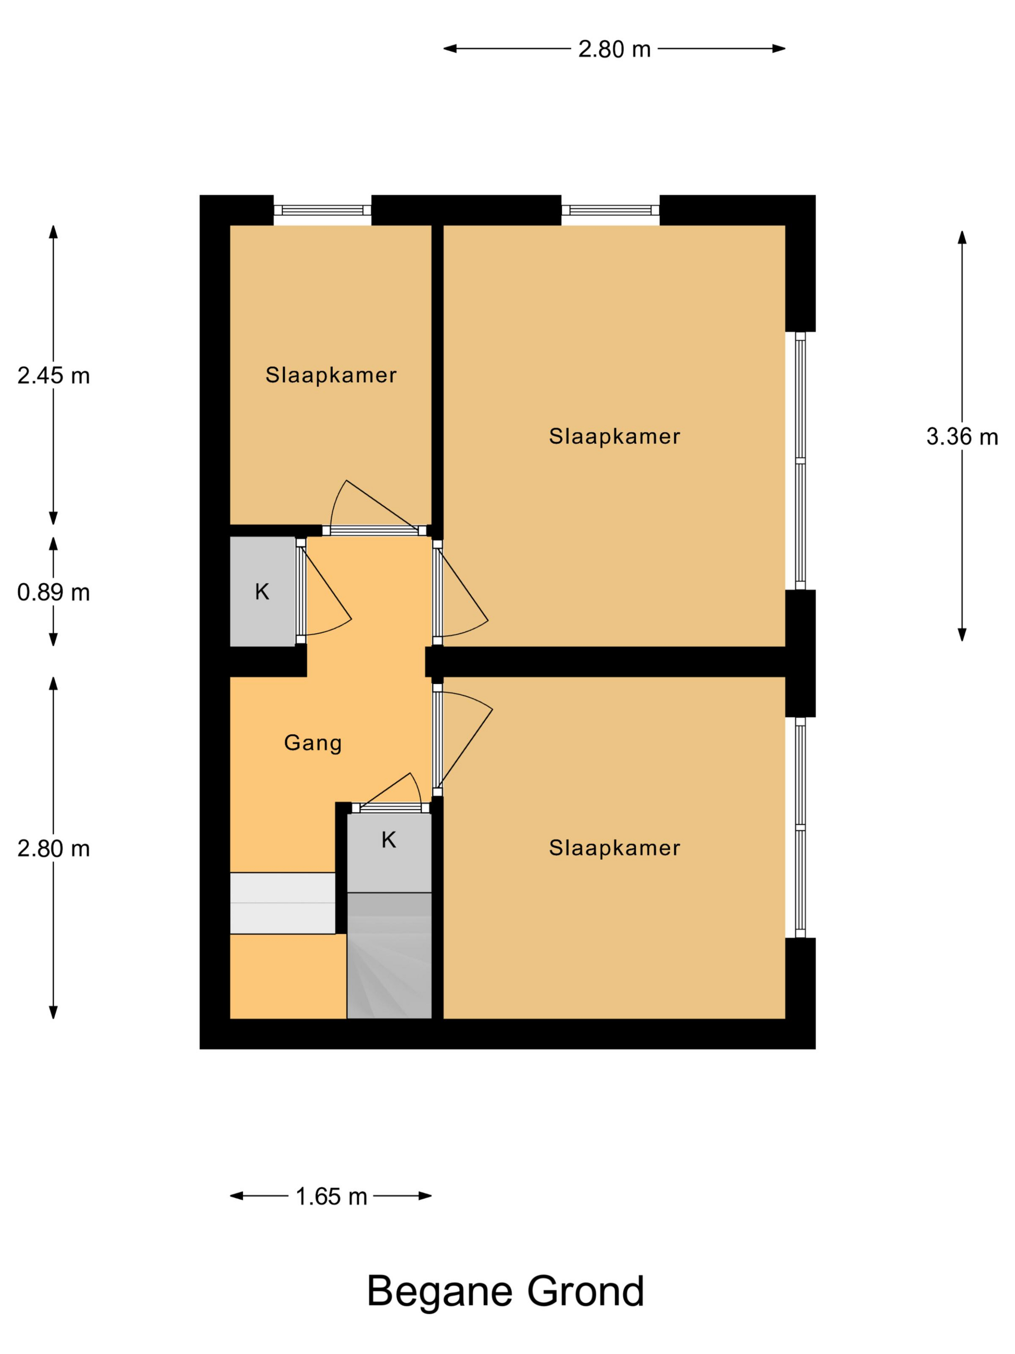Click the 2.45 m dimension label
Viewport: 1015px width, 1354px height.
pyautogui.click(x=53, y=375)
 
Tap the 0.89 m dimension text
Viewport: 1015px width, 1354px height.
pyautogui.click(x=53, y=592)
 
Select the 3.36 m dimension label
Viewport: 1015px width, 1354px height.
pyautogui.click(x=961, y=437)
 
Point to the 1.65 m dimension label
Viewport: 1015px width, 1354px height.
pyautogui.click(x=331, y=1196)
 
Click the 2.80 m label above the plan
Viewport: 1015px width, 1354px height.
pyautogui.click(x=614, y=49)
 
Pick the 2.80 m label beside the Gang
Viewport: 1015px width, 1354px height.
pyautogui.click(x=53, y=848)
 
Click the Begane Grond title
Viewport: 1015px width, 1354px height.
pyautogui.click(x=506, y=1292)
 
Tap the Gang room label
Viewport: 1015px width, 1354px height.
pyautogui.click(x=313, y=742)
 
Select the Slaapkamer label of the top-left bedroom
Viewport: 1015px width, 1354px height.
pyautogui.click(x=331, y=375)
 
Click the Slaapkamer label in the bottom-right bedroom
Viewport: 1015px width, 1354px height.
pyautogui.click(x=614, y=848)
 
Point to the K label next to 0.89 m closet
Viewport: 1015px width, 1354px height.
pyautogui.click(x=262, y=591)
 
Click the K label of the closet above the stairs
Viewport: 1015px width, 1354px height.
pyautogui.click(x=389, y=840)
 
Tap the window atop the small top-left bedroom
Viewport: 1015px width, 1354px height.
pyautogui.click(x=322, y=210)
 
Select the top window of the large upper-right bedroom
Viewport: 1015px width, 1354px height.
pyautogui.click(x=610, y=210)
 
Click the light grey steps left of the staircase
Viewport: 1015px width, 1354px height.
pyautogui.click(x=282, y=902)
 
